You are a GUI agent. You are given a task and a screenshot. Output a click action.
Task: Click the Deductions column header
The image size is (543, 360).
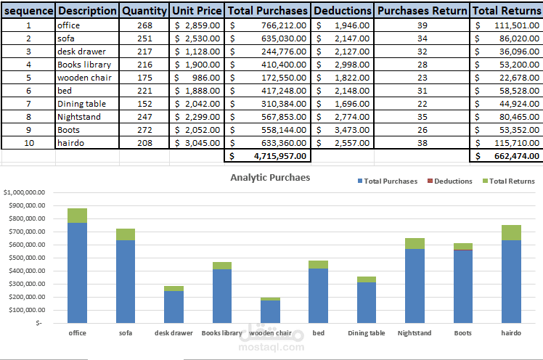343,11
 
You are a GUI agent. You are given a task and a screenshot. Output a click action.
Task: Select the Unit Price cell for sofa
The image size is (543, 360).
197,38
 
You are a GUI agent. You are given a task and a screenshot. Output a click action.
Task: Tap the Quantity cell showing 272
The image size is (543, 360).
144,129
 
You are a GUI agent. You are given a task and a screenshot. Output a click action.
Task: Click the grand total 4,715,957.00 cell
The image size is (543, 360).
269,156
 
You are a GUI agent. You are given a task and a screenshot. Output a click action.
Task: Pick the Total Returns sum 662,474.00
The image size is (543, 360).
506,156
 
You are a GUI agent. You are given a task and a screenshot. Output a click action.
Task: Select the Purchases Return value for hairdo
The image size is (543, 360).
422,142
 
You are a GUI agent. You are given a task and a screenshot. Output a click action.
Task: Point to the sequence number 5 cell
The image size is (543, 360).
28,77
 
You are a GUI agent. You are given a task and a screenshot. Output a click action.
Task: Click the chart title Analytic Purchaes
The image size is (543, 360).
270,177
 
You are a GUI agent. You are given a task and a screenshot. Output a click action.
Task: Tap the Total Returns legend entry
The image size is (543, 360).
511,181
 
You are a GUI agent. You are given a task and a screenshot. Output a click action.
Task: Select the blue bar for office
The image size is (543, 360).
77,272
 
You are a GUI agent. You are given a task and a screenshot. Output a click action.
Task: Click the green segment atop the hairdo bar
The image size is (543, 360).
511,232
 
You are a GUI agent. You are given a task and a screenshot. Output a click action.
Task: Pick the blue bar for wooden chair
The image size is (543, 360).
270,311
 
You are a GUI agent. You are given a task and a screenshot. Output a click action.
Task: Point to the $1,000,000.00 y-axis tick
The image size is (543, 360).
25,192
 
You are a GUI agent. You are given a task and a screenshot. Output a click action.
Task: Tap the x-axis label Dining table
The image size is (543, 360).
366,333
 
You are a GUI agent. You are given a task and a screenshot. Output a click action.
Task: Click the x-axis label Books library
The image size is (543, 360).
221,333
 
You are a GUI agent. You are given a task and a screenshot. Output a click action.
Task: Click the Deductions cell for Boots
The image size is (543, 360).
343,129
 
